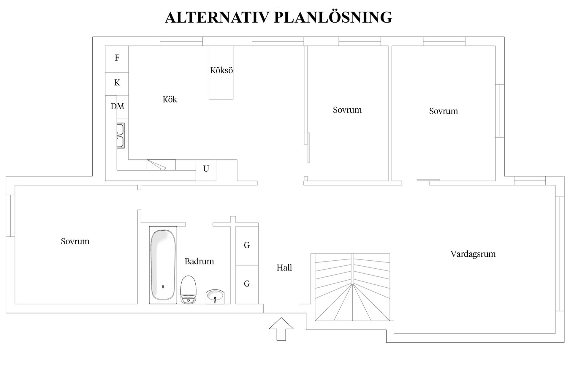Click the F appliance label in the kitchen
click(x=117, y=58)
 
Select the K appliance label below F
click(x=117, y=82)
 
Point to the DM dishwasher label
click(x=118, y=106)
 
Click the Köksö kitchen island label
click(x=221, y=70)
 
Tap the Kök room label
click(x=170, y=99)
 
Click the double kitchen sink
click(x=121, y=136)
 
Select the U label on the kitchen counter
click(x=206, y=169)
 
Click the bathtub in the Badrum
click(x=163, y=265)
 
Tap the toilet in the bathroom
click(x=188, y=290)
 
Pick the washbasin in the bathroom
click(x=215, y=297)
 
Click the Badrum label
click(x=199, y=261)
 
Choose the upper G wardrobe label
click(x=247, y=245)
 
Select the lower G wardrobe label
click(x=247, y=284)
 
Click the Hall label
click(x=284, y=268)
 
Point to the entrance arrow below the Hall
click(x=281, y=329)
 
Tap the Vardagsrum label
click(x=473, y=254)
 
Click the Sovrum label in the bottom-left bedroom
click(x=75, y=241)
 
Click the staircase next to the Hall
click(x=352, y=287)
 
